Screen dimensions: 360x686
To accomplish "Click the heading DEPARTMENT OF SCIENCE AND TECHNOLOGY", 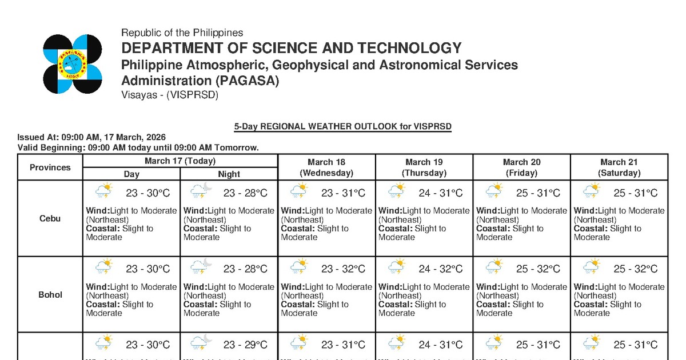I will pyautogui.click(x=291, y=48).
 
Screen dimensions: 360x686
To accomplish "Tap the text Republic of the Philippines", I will pyautogui.click(x=182, y=33).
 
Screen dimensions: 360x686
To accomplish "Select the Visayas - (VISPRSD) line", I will pyautogui.click(x=170, y=95).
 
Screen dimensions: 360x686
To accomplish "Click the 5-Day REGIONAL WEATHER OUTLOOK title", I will pyautogui.click(x=342, y=126).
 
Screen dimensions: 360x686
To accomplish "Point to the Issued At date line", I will pyautogui.click(x=91, y=137).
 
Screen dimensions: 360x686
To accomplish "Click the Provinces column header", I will pyautogui.click(x=50, y=167).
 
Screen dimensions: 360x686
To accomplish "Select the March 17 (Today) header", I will pyautogui.click(x=180, y=161).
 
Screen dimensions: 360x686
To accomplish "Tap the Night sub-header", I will pyautogui.click(x=229, y=174).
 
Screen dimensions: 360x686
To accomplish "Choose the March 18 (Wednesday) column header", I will pyautogui.click(x=326, y=167).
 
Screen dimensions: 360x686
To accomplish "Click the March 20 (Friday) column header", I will pyautogui.click(x=521, y=167).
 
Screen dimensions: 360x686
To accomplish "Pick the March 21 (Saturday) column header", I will pyautogui.click(x=619, y=167).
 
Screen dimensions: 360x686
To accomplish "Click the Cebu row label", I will pyautogui.click(x=50, y=218).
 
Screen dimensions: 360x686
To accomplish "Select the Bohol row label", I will pyautogui.click(x=50, y=295).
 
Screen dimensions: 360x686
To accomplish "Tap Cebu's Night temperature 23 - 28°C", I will pyautogui.click(x=245, y=193).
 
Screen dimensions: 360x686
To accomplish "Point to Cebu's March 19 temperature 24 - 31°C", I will pyautogui.click(x=440, y=193).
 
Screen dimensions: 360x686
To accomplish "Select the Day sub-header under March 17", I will pyautogui.click(x=131, y=174).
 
